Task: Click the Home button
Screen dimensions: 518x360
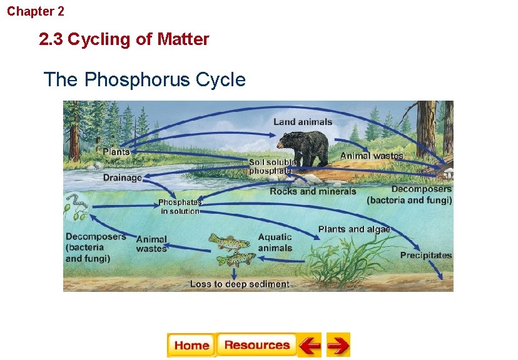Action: [x=191, y=345]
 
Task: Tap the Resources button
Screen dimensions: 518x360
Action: [x=256, y=345]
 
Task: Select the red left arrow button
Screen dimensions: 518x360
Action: [x=309, y=345]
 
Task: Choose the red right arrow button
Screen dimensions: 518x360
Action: [x=338, y=345]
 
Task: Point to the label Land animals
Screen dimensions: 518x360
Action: [x=303, y=121]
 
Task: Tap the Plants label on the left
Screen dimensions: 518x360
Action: [x=116, y=152]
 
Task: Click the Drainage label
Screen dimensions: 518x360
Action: [x=123, y=177]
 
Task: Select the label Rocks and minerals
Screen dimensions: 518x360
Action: [x=313, y=191]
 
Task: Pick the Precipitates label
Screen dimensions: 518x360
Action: [x=426, y=255]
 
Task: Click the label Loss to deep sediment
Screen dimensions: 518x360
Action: [x=240, y=284]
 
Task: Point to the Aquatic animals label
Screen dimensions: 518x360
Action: [x=275, y=242]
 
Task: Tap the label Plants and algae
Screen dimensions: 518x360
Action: [x=354, y=229]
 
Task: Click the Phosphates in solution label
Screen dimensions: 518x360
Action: [x=180, y=207]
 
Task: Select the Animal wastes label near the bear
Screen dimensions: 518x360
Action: [x=372, y=155]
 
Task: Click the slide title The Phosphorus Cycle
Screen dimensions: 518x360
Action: [x=145, y=80]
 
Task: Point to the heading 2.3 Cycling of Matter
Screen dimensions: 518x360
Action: [x=124, y=40]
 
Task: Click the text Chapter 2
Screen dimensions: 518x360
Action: [x=36, y=11]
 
